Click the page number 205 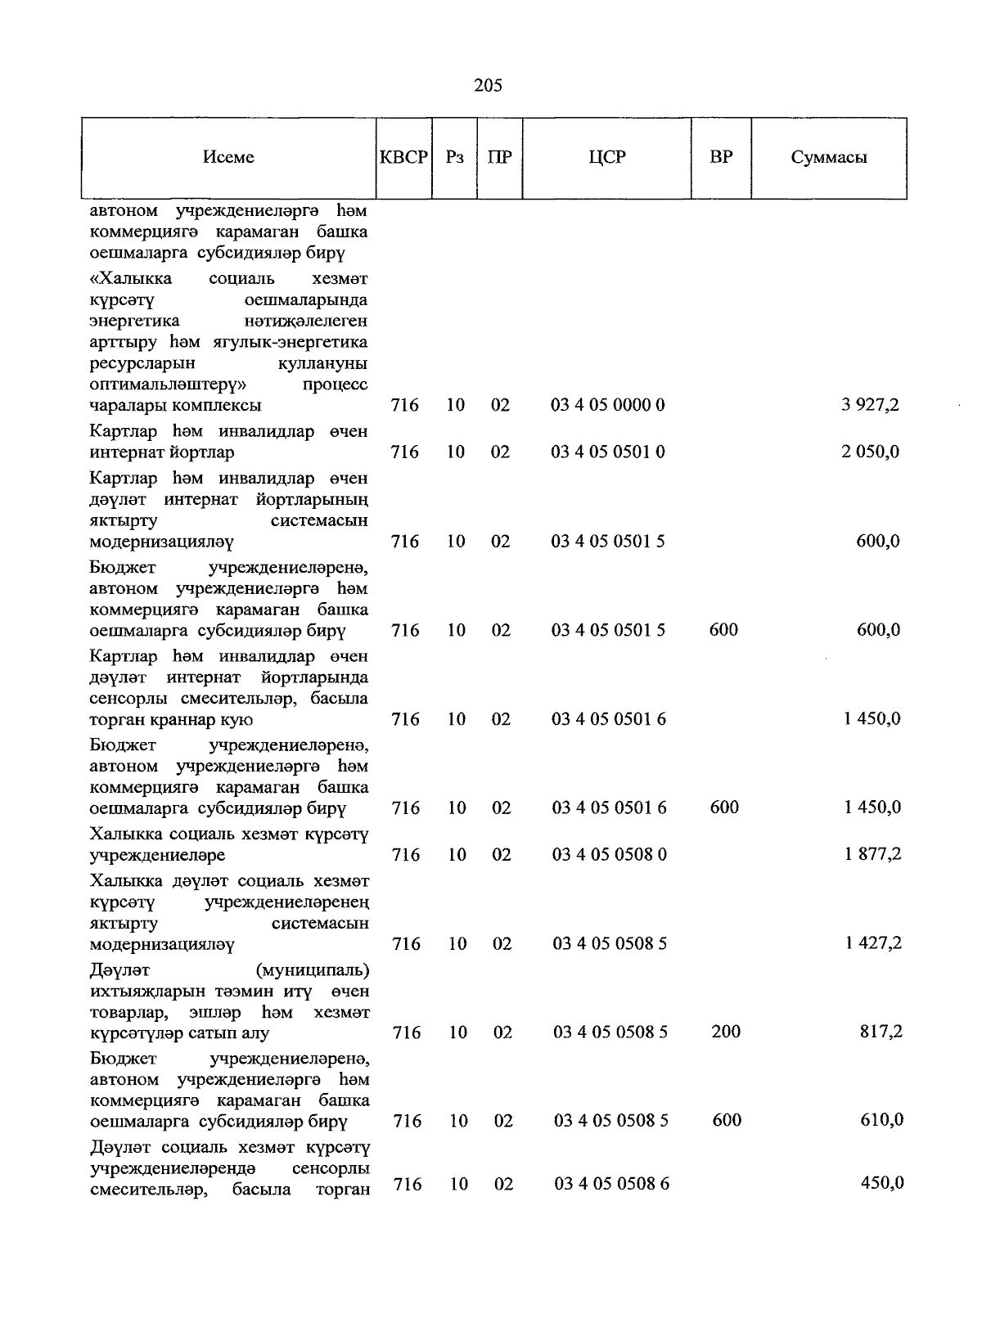[x=488, y=85]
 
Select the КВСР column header [x=403, y=157]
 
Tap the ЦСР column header [x=606, y=157]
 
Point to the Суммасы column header [x=828, y=158]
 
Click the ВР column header [x=721, y=157]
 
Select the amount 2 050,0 [x=870, y=452]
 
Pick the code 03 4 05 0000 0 [x=607, y=405]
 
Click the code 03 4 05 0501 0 [x=607, y=452]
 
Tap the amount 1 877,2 [x=873, y=854]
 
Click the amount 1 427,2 [x=873, y=943]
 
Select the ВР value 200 [x=726, y=1032]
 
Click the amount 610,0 [x=881, y=1120]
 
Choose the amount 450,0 [x=882, y=1182]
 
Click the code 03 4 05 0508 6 [x=611, y=1184]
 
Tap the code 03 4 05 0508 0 [x=610, y=855]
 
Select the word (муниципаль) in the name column [x=312, y=970]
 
